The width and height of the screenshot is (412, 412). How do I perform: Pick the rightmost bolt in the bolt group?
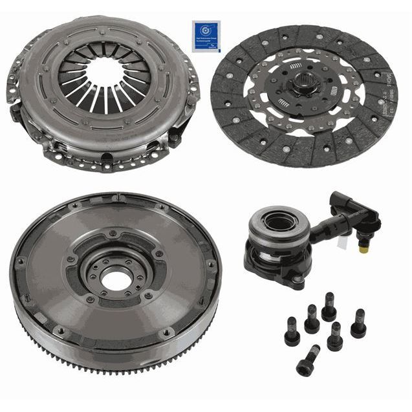[358, 323]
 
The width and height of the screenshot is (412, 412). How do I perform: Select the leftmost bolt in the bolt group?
[292, 331]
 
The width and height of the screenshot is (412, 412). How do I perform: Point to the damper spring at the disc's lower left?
[282, 103]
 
